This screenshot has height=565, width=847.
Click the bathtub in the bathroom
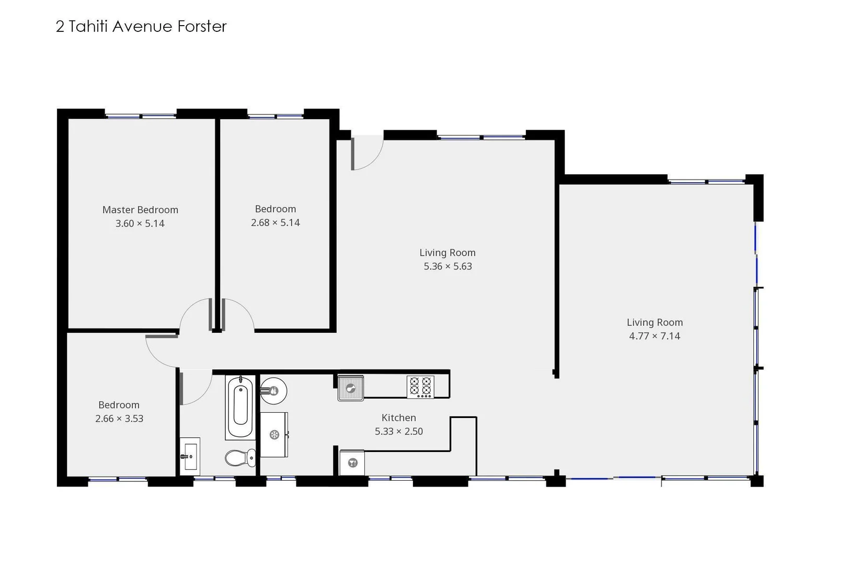point(241,406)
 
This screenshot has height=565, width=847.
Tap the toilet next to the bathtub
point(241,458)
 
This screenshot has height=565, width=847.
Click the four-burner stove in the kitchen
point(420,387)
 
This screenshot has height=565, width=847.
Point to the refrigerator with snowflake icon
point(274,435)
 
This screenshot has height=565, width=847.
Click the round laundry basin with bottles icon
point(273,390)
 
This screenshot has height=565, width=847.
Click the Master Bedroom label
point(140,210)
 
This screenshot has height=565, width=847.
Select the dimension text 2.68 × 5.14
point(275,223)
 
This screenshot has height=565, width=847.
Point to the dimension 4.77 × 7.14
point(654,336)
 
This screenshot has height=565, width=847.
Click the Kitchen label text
point(398,418)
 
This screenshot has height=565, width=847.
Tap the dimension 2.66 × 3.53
point(119,419)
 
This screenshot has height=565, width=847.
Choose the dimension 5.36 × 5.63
point(448,266)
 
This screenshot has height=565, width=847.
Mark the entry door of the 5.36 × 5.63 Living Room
point(366,153)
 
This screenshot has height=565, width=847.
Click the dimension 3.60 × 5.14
point(140,224)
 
